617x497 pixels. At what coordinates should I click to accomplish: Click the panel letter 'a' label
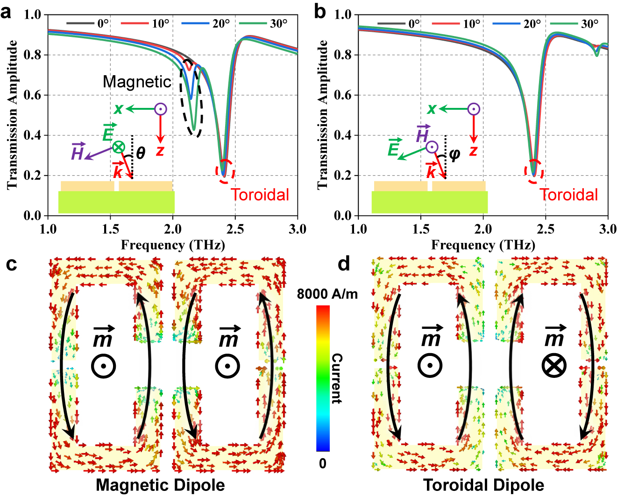point(6,13)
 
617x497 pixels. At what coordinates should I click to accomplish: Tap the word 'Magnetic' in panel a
point(137,82)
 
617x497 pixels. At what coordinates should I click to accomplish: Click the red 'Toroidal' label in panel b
point(568,195)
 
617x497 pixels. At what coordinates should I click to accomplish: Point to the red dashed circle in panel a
point(225,170)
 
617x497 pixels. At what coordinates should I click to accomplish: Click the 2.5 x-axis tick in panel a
point(235,229)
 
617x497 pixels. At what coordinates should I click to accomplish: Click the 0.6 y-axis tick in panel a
point(32,95)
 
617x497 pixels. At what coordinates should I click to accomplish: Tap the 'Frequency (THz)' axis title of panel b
point(483,245)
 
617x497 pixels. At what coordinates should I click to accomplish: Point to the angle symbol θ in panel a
point(140,153)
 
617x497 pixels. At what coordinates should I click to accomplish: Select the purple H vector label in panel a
point(78,152)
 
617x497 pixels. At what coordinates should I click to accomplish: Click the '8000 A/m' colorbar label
point(327,294)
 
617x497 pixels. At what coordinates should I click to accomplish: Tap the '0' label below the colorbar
point(323,463)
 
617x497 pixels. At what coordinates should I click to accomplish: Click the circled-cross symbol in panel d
point(554,365)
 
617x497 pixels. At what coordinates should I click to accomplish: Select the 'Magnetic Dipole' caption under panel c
point(160,485)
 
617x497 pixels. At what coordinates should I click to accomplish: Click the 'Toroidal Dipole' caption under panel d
point(483,485)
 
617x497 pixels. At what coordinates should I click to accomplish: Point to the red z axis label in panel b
point(474,151)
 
